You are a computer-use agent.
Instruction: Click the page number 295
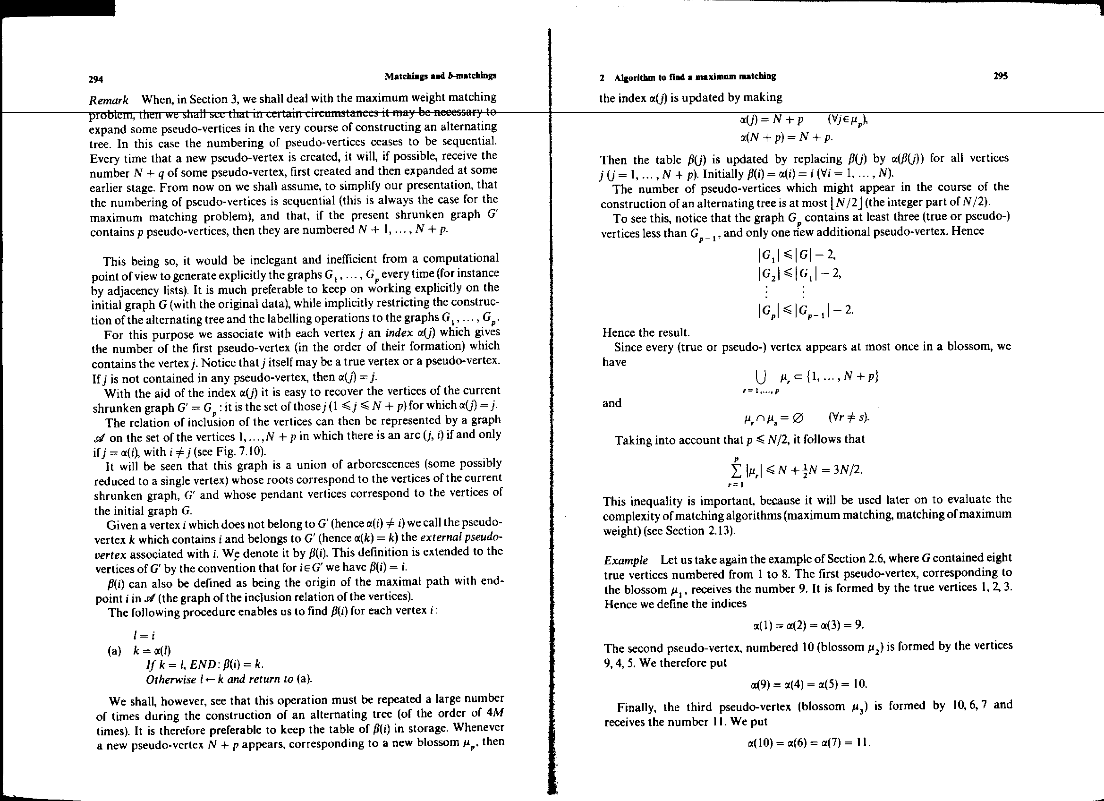tap(1001, 77)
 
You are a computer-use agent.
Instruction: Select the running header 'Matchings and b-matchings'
tap(440, 76)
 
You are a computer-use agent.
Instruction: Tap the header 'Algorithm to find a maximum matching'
tap(695, 77)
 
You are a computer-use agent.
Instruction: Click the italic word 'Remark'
tap(109, 101)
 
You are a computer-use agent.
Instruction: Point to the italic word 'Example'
tap(626, 561)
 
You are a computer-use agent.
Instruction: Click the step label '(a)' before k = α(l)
tap(114, 651)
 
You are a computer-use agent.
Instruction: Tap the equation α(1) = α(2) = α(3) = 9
tap(807, 625)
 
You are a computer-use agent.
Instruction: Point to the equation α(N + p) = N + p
tap(786, 137)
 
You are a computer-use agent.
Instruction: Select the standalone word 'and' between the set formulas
tap(612, 403)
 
